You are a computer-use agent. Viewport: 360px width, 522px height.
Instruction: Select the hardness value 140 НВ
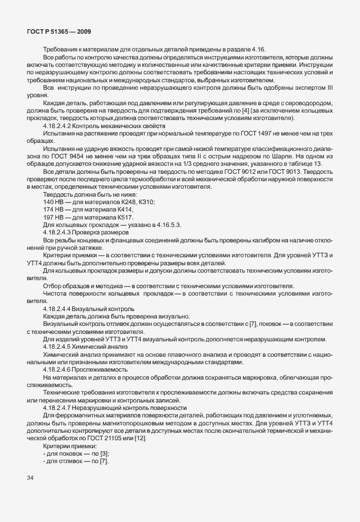click(x=53, y=202)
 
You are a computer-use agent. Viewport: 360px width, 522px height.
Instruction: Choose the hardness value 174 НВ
click(x=53, y=210)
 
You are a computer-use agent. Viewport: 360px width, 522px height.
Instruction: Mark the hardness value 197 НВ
click(x=53, y=217)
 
